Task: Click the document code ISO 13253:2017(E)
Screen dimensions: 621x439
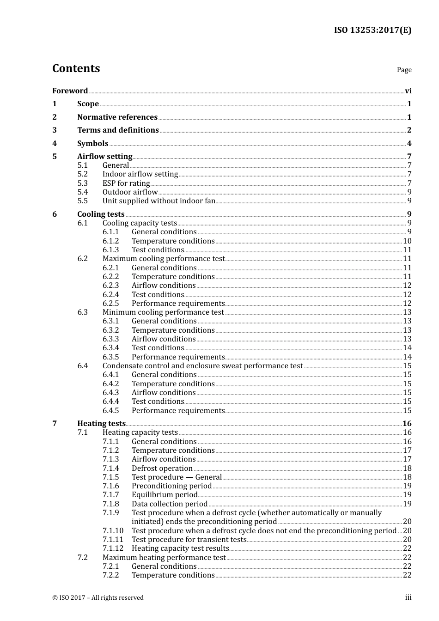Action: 372,30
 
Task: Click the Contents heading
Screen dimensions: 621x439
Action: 76,68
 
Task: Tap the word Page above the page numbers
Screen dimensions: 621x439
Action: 404,70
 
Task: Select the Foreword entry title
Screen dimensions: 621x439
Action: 70,91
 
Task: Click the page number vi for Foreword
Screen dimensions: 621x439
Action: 408,91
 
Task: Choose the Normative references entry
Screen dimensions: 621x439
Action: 117,117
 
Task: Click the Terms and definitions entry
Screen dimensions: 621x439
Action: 118,130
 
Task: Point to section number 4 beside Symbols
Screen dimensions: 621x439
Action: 55,144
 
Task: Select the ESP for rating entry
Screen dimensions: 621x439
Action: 126,183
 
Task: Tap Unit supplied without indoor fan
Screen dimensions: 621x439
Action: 159,201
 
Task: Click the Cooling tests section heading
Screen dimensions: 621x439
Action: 101,214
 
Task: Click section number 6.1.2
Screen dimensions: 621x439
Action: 110,241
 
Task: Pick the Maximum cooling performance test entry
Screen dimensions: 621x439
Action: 164,259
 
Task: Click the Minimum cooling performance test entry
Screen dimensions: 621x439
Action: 163,312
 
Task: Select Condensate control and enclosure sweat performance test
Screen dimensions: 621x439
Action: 202,366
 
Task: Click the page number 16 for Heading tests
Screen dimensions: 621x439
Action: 407,424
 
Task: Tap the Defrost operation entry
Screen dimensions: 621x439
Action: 162,469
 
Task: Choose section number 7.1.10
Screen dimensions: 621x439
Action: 113,531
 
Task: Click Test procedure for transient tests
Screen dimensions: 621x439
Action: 189,540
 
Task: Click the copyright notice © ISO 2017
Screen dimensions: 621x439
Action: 98,598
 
